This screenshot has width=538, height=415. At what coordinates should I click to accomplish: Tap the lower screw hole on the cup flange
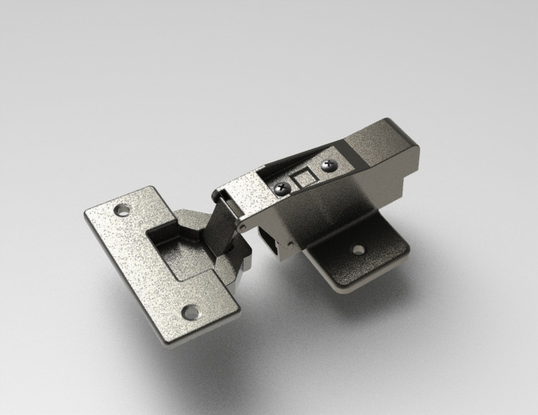pos(190,313)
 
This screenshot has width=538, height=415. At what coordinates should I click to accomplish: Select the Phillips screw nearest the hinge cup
pos(282,189)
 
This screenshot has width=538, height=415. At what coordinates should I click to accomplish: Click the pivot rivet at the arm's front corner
pos(242,228)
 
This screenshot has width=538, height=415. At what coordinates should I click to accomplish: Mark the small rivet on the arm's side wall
pos(290,244)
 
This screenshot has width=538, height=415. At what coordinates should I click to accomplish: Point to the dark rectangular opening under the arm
pos(267,240)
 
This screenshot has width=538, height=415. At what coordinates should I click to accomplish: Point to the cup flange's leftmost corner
pos(87,214)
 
